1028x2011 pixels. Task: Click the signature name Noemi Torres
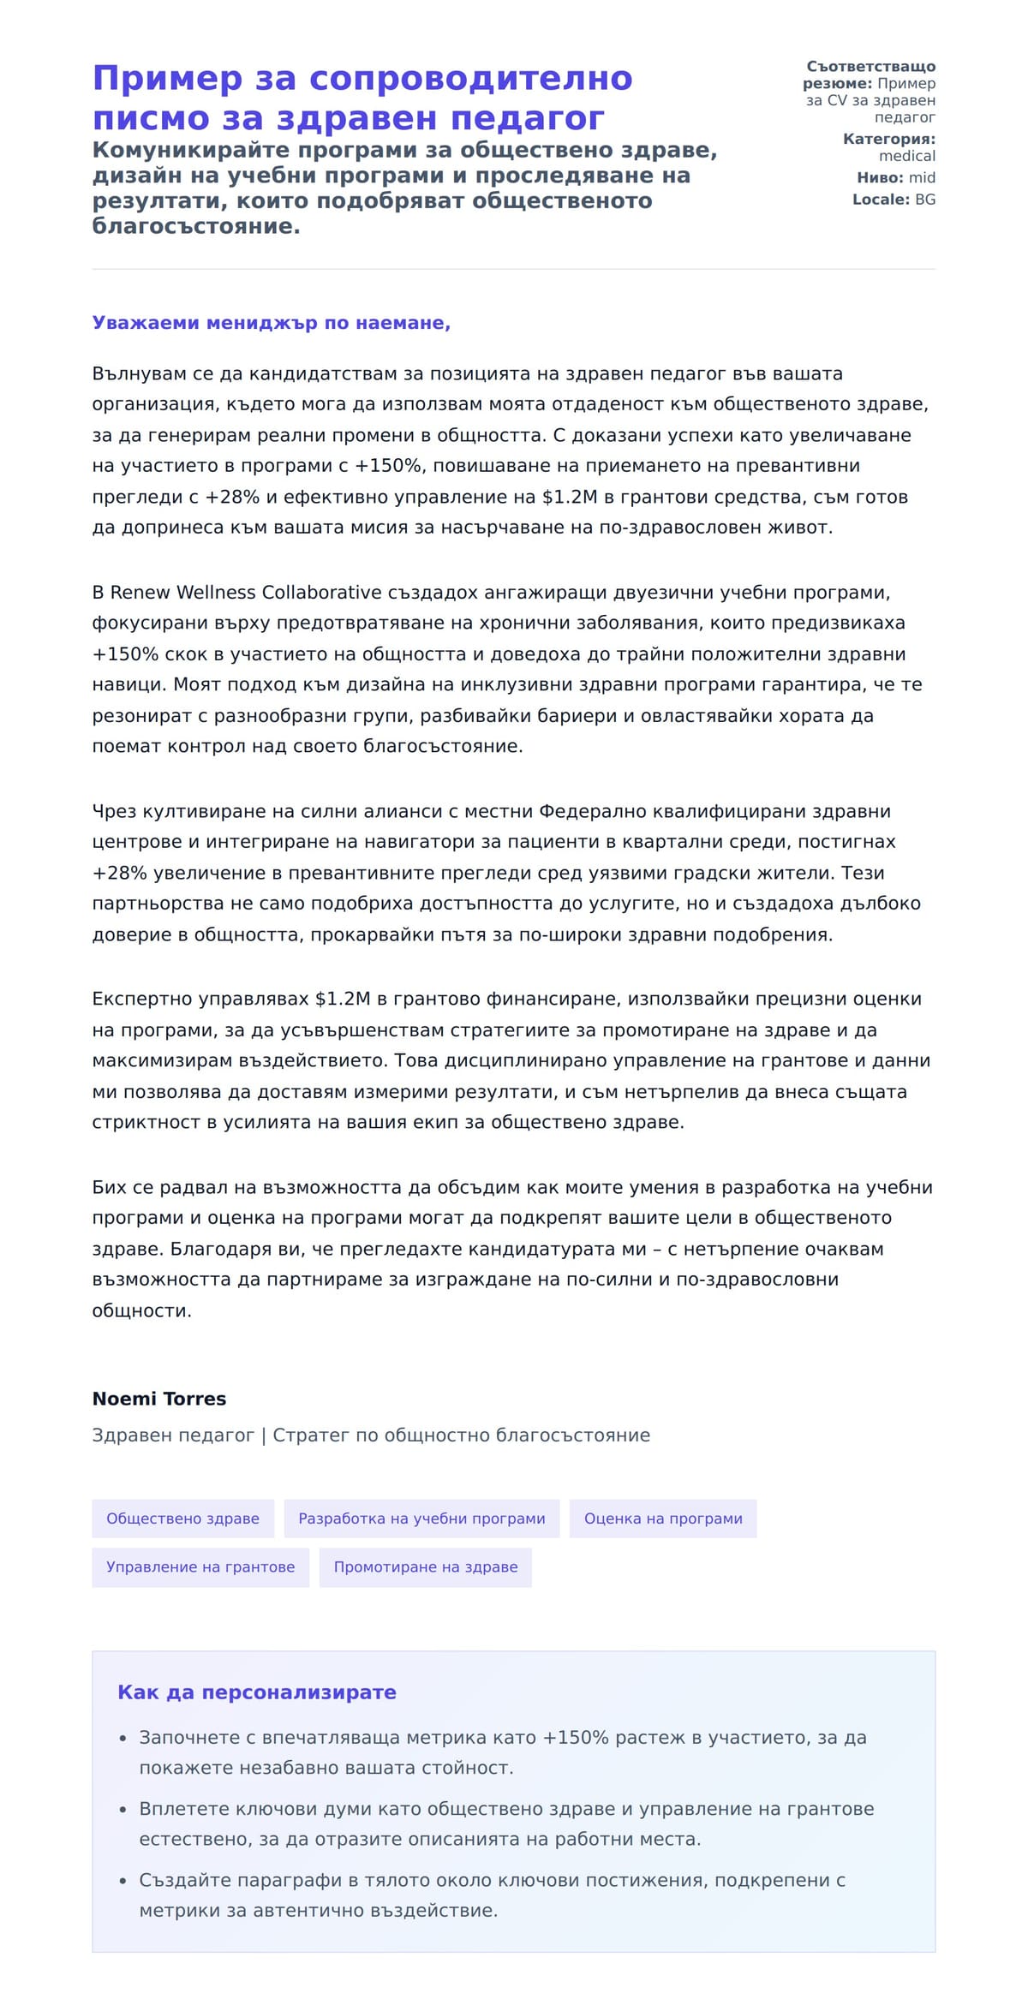[159, 1399]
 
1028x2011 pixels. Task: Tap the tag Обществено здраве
[182, 1519]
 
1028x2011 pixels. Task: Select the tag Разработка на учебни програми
[421, 1519]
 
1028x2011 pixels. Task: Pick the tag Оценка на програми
[663, 1519]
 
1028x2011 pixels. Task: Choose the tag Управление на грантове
[200, 1566]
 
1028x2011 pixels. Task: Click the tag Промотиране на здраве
[426, 1566]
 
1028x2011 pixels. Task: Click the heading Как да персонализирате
[257, 1692]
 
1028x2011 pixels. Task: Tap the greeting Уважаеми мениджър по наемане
[271, 323]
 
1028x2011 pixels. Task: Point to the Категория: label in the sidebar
[888, 139]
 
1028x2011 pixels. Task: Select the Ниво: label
[880, 177]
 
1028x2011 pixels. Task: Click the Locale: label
[881, 200]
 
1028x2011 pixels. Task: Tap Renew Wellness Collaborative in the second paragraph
[246, 593]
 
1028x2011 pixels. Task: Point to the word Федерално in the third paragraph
[586, 811]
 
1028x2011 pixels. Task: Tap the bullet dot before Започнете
[123, 1739]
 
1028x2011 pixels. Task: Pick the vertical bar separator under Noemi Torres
[264, 1435]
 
